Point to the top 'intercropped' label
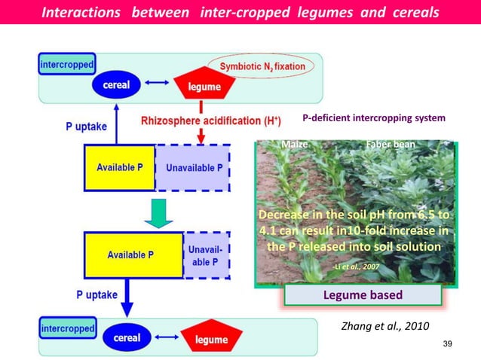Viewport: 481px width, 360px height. (67, 65)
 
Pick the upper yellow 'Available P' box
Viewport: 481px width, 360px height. (119, 167)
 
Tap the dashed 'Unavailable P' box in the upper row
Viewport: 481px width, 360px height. (193, 167)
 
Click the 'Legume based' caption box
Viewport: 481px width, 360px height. (363, 294)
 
